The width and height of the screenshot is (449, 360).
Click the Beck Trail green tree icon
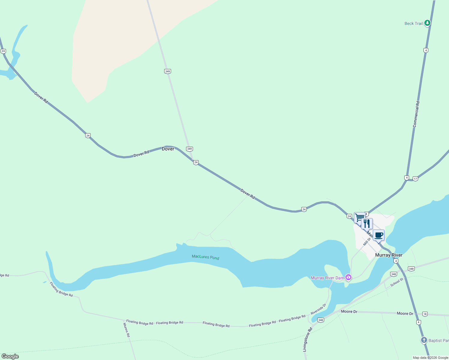coord(427,23)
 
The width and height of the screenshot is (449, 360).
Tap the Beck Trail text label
coord(414,23)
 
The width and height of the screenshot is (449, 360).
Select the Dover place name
coord(168,149)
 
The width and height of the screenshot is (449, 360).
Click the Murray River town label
coord(389,255)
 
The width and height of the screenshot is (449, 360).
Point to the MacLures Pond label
coord(206,257)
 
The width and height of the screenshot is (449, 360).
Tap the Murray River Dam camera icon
coord(348,277)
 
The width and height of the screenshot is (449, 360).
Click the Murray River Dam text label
coord(327,278)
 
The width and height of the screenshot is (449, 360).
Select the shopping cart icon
coord(359,217)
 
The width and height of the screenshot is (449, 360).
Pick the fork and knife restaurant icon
coord(367,223)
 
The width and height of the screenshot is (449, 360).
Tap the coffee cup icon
coord(378,235)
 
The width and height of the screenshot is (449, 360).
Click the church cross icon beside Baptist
coord(424,340)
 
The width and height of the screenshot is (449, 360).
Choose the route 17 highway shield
coord(415,179)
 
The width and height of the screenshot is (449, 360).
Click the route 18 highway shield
coord(425,314)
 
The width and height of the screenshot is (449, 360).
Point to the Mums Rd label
coord(126,330)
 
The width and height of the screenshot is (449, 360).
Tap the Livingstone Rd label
coord(308,339)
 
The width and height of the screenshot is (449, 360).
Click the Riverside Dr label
coord(318,309)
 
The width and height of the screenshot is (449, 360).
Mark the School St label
coord(397,282)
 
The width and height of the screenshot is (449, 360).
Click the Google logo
coord(10,356)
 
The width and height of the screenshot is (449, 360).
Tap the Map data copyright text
coord(430,358)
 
